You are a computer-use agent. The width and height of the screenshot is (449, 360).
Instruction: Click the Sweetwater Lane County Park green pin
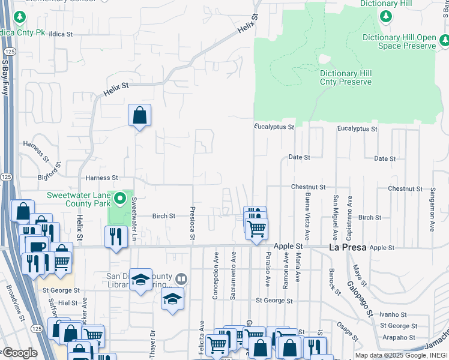(x=120, y=197)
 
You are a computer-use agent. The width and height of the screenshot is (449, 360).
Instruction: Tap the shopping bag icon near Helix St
(x=139, y=115)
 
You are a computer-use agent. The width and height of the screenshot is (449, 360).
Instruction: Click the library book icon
(x=181, y=279)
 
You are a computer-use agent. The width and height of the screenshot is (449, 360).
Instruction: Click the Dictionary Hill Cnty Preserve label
(x=345, y=77)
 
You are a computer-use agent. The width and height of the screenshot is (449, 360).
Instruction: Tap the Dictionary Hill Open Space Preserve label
(x=399, y=41)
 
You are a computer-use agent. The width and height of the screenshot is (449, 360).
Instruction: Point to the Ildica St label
(x=60, y=35)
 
